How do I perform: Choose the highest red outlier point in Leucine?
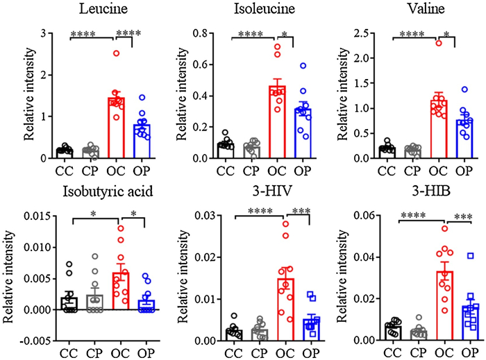117,53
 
